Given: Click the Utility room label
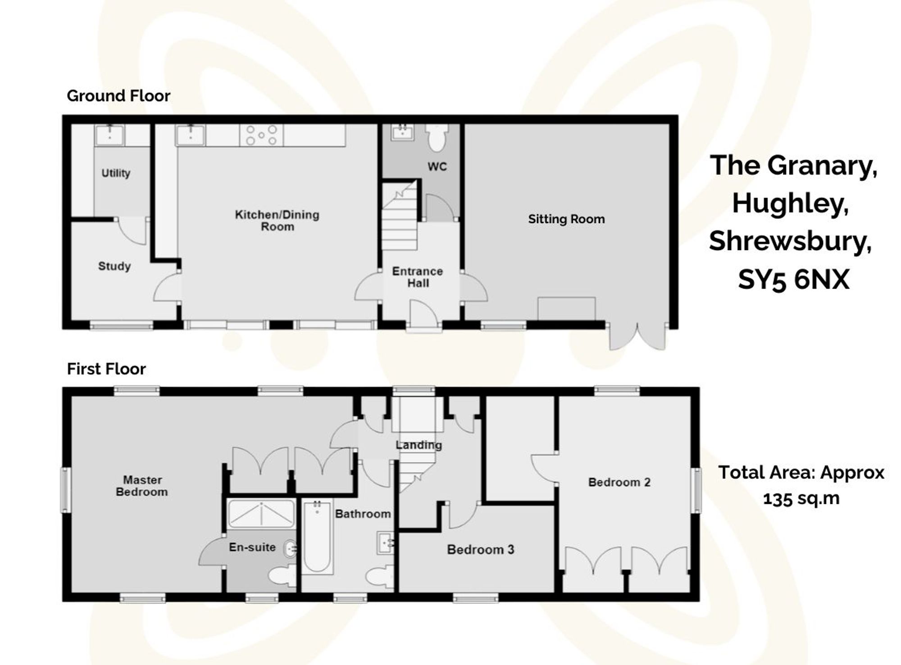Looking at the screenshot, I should coord(116,173).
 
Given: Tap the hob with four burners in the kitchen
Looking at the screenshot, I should coord(262,135).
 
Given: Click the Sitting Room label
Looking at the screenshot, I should coord(566,219).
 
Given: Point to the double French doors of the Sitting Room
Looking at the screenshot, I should coord(637,336).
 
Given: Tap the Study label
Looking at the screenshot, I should coord(114,266).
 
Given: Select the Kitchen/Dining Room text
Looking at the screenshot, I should coord(277,220).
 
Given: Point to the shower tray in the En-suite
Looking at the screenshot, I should coord(261,513).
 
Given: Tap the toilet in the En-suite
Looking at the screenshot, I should coord(282,576).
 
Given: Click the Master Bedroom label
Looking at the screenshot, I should coord(142,486).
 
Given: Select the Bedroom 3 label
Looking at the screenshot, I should coord(480,549).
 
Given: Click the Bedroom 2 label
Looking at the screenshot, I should coord(619,482).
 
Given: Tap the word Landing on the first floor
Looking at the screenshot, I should coord(419,445).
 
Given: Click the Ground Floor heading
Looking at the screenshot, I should coord(118,96).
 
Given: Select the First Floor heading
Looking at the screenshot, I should coord(106,369).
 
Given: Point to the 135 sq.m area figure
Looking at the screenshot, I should coord(801,498).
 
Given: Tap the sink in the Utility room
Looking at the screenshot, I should coord(109,135).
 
